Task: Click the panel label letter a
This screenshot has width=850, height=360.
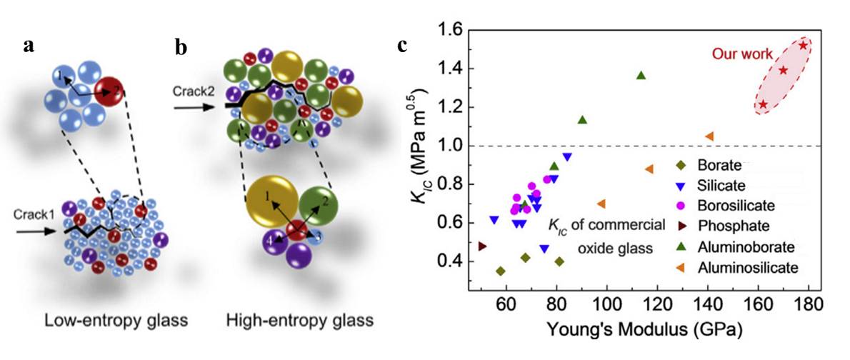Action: click(28, 46)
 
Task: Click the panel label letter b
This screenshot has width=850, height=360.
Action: click(181, 48)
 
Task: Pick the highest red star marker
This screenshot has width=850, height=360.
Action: click(804, 46)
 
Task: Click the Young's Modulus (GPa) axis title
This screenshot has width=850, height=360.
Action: click(640, 331)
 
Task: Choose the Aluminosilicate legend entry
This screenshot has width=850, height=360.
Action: click(746, 267)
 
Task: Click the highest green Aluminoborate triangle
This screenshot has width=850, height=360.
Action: click(641, 75)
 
